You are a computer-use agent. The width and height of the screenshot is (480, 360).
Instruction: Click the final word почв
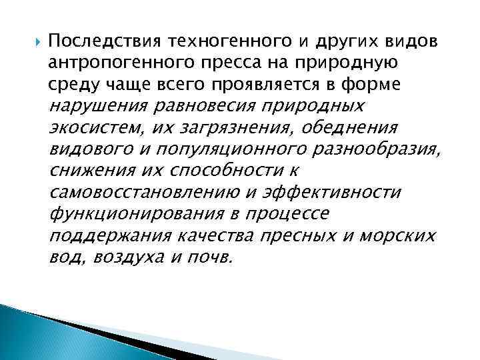215,257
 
